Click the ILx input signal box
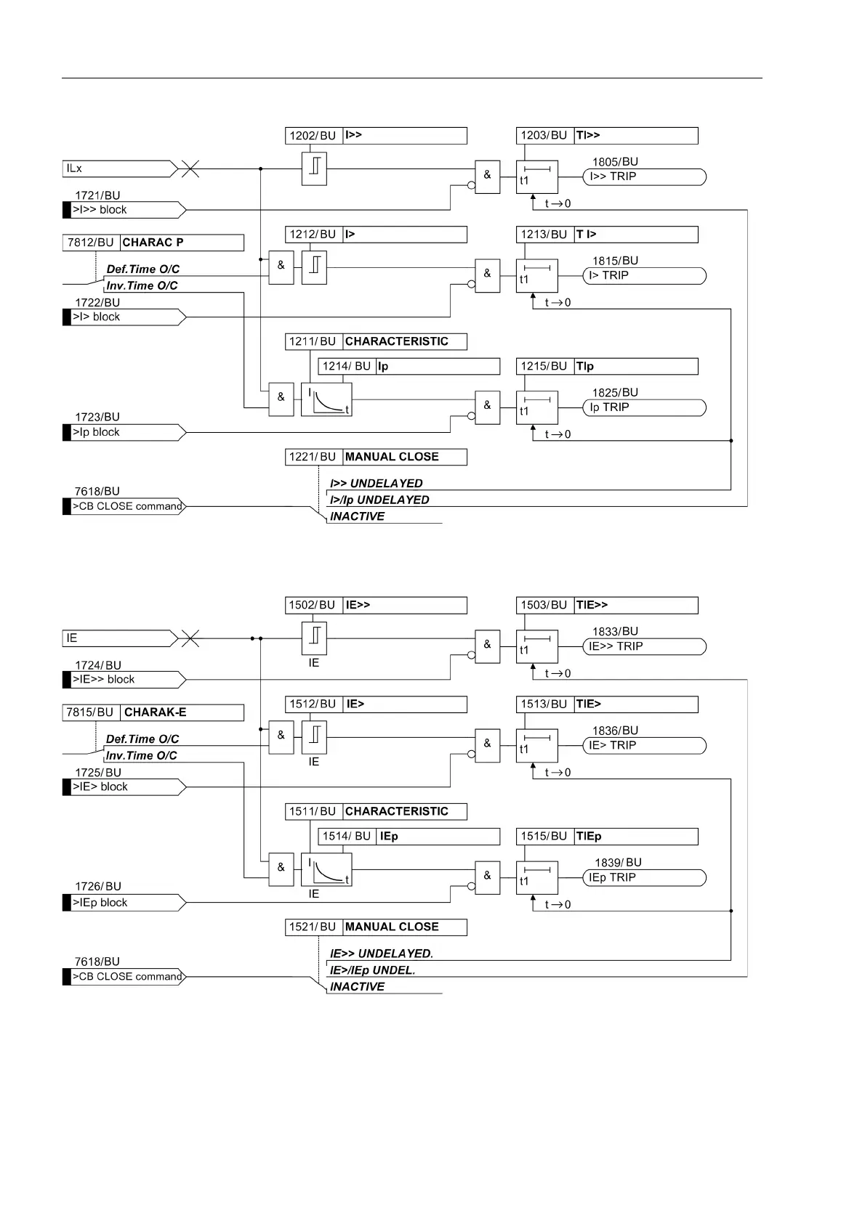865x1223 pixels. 119,168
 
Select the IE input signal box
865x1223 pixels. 119,638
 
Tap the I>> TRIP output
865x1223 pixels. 643,176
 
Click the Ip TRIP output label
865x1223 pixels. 643,407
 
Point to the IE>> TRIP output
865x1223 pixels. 643,646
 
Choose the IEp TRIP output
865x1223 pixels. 643,877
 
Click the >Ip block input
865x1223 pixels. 124,432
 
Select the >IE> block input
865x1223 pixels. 124,787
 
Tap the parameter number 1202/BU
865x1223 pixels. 313,136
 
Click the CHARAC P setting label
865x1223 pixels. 153,243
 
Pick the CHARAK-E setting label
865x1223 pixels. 156,712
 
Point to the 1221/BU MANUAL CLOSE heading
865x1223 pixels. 376,457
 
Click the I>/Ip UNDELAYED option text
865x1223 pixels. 379,500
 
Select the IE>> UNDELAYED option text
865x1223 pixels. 381,954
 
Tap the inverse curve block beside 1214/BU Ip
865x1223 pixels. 326,399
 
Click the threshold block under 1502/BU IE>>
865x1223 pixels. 314,639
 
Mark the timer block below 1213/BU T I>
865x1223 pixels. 537,276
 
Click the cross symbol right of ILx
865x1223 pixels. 190,169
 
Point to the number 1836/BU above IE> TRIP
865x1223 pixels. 615,731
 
